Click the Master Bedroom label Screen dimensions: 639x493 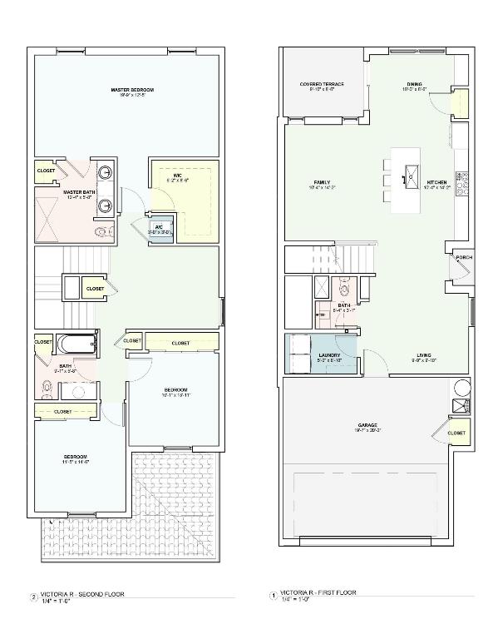[132, 90]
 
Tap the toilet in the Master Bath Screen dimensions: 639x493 [101, 232]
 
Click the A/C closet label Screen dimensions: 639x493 [159, 227]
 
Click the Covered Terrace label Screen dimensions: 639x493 [322, 85]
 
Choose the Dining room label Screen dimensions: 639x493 [414, 84]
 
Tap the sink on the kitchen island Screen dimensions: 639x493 [411, 174]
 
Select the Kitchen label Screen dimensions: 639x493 [437, 182]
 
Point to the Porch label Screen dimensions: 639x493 [463, 258]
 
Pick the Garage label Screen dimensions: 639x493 [367, 425]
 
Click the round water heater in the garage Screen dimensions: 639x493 [460, 389]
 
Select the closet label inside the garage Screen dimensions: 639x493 [456, 433]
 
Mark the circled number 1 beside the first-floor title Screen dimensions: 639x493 [273, 596]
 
